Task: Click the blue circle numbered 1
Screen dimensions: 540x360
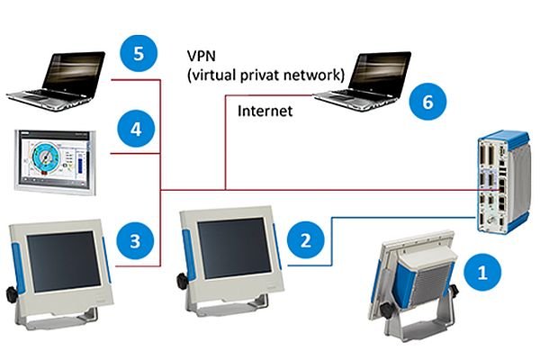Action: coord(482,272)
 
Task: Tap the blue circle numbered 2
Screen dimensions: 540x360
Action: coord(306,239)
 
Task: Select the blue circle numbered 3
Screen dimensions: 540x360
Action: coord(135,240)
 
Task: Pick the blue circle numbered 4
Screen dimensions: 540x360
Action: coord(136,129)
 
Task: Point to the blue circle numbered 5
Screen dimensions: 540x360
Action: coord(139,53)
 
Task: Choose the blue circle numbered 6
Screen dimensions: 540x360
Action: coord(427,102)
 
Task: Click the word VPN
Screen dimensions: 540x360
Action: coord(202,56)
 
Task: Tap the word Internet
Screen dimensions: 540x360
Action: coord(265,111)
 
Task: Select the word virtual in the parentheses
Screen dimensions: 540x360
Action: coord(213,75)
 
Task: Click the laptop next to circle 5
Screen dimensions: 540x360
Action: coord(56,81)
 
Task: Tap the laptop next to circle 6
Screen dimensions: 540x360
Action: coord(363,81)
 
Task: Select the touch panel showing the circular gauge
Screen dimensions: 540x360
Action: coord(55,162)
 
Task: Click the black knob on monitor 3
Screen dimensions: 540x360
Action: coord(12,295)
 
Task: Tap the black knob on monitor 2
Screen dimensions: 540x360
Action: coord(183,281)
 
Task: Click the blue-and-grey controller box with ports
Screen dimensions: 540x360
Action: coord(503,182)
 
